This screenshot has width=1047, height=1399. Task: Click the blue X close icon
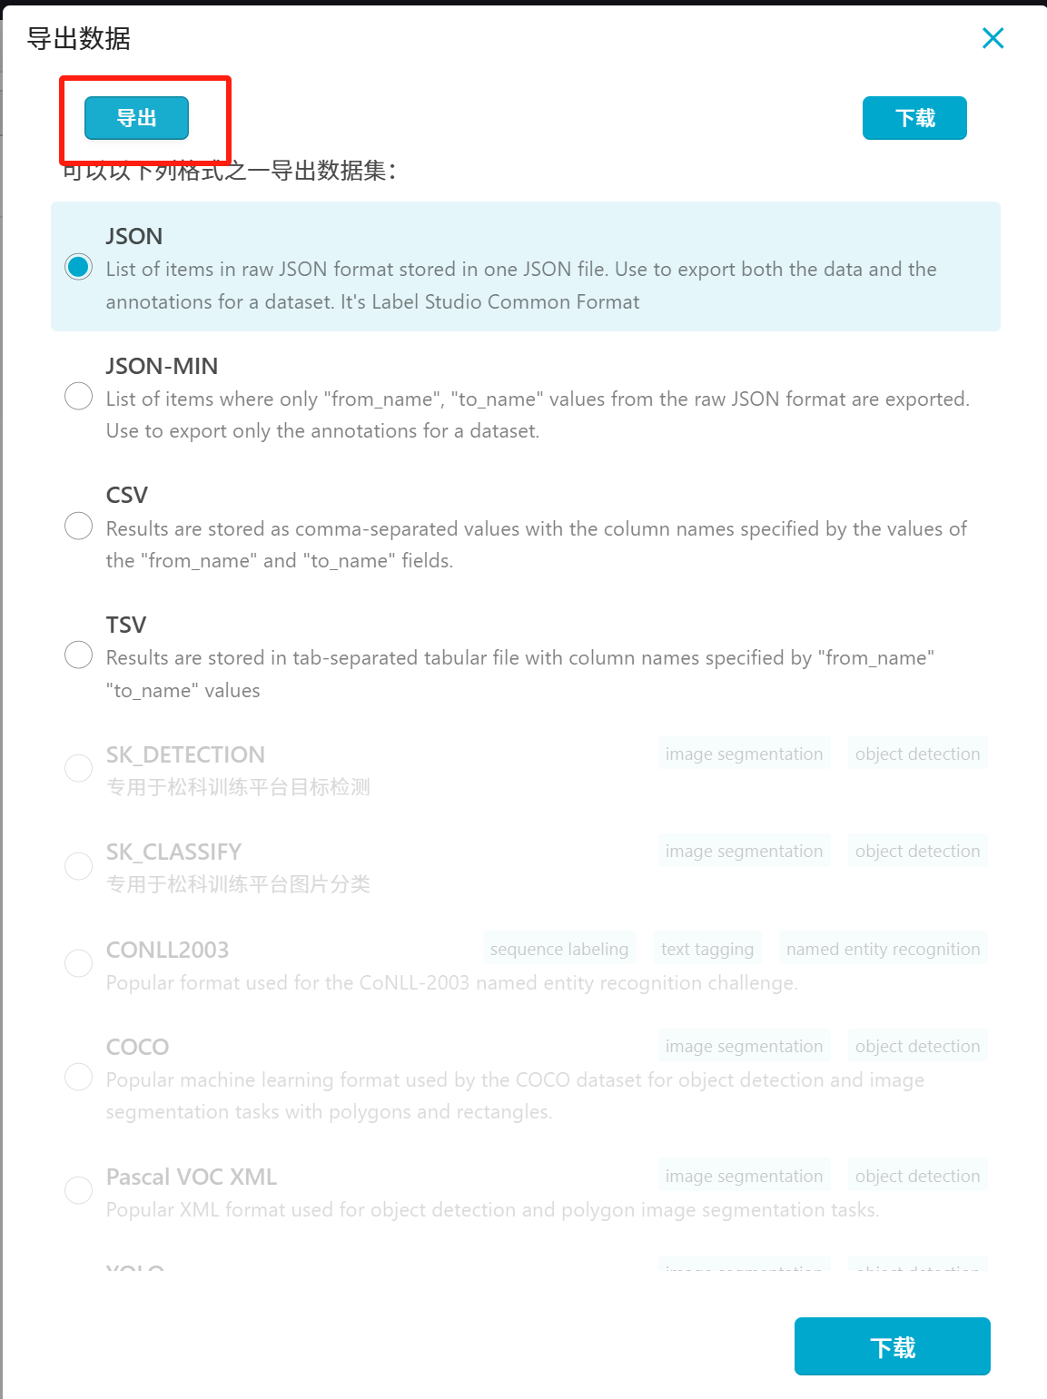click(x=993, y=38)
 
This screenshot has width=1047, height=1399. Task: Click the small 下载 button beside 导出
click(x=914, y=118)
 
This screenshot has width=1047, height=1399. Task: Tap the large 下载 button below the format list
click(x=892, y=1346)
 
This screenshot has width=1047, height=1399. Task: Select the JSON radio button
click(x=79, y=267)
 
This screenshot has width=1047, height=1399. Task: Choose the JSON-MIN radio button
click(x=79, y=397)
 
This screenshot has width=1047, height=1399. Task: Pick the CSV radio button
click(x=79, y=526)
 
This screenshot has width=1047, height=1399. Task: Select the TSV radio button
click(x=79, y=655)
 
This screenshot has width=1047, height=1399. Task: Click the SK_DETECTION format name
click(x=185, y=754)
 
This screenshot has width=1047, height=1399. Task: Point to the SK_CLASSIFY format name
click(x=173, y=852)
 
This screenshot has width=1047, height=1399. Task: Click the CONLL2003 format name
click(x=167, y=950)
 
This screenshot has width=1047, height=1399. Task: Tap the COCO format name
click(x=137, y=1047)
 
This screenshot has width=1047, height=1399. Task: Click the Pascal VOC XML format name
click(x=191, y=1177)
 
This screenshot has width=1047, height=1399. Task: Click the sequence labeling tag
click(x=558, y=950)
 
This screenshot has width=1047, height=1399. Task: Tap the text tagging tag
click(x=706, y=950)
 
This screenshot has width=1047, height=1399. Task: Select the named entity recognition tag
click(x=883, y=950)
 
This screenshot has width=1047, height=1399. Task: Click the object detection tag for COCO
click(x=917, y=1047)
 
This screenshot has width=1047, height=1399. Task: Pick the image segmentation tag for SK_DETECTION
click(x=744, y=754)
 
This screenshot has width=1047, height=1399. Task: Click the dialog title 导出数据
click(x=79, y=38)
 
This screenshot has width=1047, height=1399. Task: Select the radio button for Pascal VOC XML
click(x=79, y=1190)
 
